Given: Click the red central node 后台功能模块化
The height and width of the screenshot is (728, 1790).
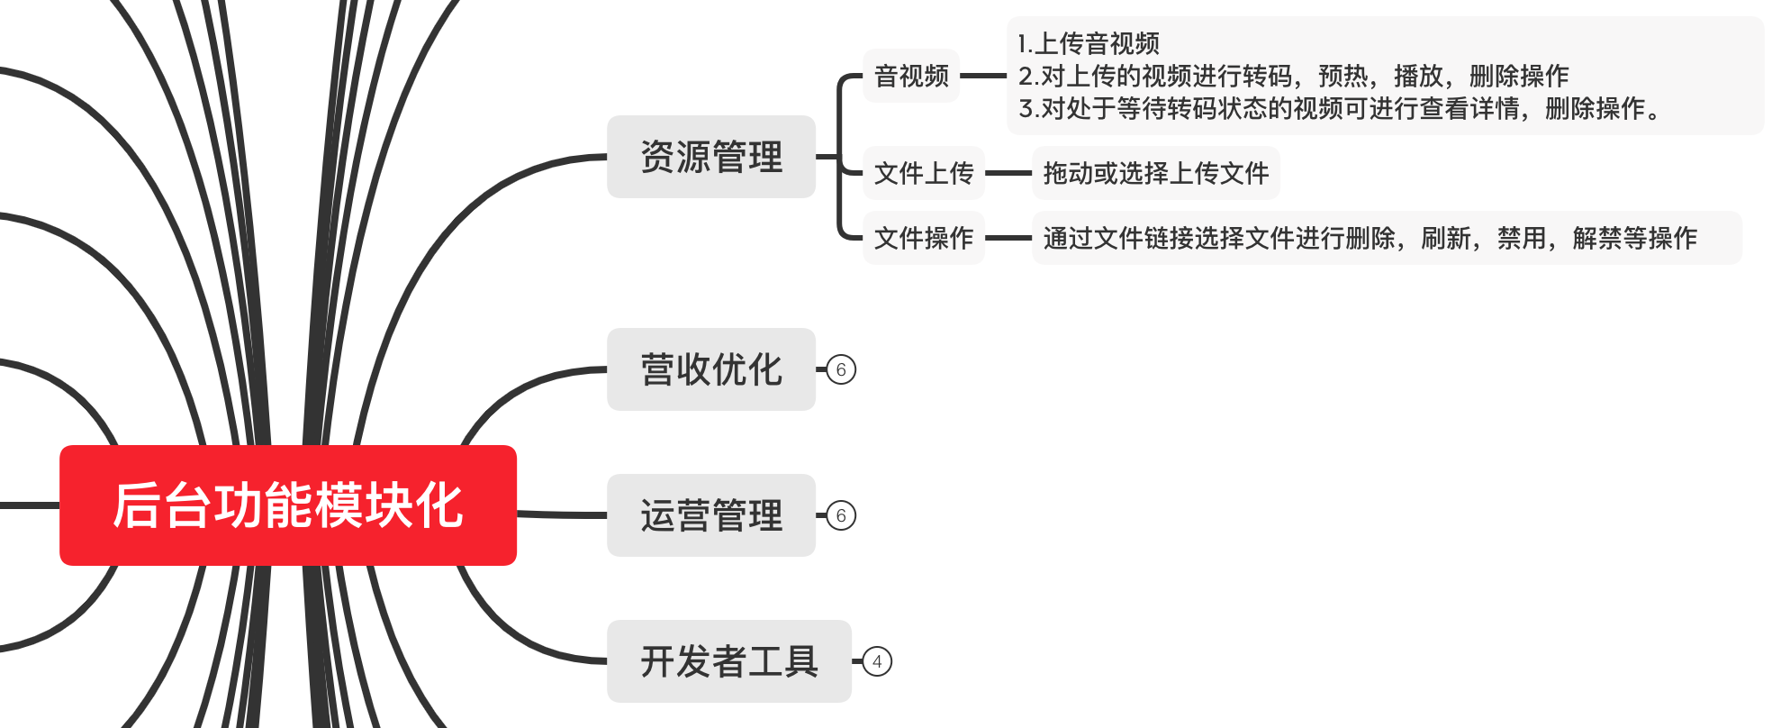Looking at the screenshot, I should coord(288,505).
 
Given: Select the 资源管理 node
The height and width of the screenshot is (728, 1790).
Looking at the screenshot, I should coord(711,157).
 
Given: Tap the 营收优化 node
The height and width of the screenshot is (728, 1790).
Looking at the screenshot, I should coord(711,369).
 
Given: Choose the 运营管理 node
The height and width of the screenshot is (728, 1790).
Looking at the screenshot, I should coord(711,515).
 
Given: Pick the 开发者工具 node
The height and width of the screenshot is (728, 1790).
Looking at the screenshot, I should coord(729,661).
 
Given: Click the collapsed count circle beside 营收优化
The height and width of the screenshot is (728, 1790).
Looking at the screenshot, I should coord(841,369).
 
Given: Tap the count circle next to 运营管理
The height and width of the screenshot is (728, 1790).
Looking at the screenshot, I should coord(841,515).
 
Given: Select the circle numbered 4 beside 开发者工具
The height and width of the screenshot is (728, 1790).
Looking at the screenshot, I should coord(877,661).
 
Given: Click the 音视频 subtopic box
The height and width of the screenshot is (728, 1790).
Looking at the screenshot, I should coord(911,76).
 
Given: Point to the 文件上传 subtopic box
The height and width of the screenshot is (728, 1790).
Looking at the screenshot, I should coord(924,173).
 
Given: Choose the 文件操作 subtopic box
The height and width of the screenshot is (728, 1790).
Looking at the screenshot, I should coord(924,238).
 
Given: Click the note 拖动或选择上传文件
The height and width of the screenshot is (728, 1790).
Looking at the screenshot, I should coord(1156,173).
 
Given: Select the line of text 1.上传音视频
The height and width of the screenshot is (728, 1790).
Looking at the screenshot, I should coord(1089,43).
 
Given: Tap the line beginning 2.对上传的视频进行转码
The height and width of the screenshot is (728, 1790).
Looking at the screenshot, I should coord(1293,76).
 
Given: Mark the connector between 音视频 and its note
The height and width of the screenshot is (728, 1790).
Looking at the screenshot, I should coord(983,76).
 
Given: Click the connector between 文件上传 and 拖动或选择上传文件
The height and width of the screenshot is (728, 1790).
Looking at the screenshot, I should coord(1008,173).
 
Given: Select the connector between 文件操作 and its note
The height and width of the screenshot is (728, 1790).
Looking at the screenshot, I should coord(1008,238).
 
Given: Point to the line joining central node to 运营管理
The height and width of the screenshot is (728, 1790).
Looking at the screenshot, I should coord(562,514).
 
